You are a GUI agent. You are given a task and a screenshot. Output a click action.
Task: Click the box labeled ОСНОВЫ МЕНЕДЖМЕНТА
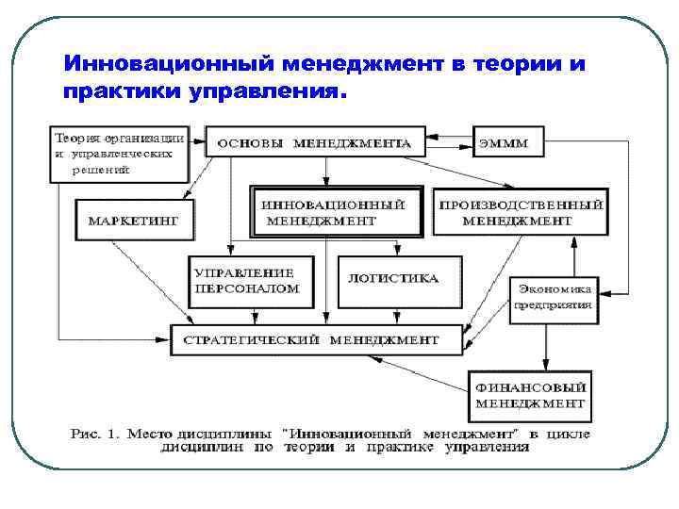click(x=314, y=143)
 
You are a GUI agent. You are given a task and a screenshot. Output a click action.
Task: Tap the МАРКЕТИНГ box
click(x=133, y=219)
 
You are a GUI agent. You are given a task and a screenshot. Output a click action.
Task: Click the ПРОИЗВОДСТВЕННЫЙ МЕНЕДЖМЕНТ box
click(x=518, y=212)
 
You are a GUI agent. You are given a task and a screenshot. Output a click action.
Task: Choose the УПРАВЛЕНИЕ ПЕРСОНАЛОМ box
click(x=246, y=280)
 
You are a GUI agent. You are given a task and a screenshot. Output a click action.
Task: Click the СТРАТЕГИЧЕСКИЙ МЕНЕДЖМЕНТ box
click(x=316, y=339)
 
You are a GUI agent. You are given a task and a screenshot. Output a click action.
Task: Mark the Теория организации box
click(x=118, y=153)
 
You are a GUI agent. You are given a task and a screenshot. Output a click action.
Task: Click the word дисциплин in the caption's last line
click(x=227, y=449)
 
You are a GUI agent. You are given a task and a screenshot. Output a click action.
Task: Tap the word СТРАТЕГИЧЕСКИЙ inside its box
click(x=252, y=339)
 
